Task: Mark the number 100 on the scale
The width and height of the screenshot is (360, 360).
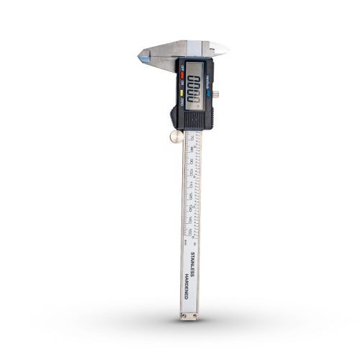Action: click(189, 172)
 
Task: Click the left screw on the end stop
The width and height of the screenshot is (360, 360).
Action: click(183, 314)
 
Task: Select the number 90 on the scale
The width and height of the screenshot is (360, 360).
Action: click(189, 161)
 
